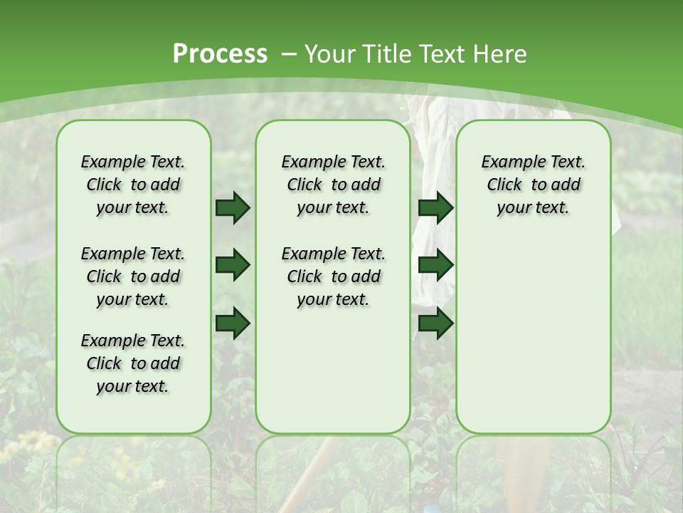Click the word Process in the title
pos(220,54)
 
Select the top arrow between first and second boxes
pos(233,207)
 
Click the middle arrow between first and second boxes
pos(233,265)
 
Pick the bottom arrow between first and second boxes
pos(233,323)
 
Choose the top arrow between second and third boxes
pos(435,207)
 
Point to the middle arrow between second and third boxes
pos(435,265)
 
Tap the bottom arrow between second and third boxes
pos(435,323)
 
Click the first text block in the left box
pos(133,185)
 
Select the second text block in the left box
pos(133,276)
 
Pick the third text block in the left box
pos(133,363)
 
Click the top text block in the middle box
pos(333,185)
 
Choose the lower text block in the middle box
pos(333,276)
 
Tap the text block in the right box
pos(533,185)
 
